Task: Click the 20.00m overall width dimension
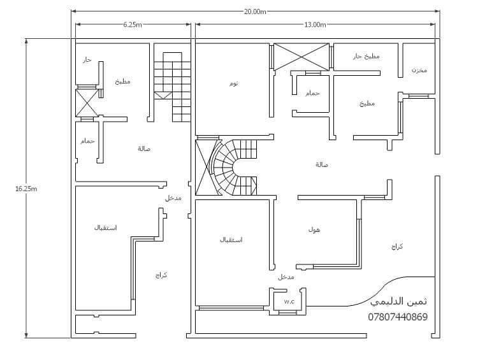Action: [255, 11]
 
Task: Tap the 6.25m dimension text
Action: [133, 25]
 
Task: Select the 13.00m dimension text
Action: [315, 25]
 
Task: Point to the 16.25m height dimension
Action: [26, 189]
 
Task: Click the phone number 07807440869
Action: [398, 317]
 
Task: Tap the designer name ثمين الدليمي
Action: [399, 301]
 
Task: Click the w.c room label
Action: [289, 302]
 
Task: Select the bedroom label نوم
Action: [234, 83]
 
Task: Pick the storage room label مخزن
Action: [419, 70]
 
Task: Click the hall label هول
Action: [314, 230]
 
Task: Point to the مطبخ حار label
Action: [366, 56]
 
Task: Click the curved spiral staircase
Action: [234, 168]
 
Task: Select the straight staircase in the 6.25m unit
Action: [172, 87]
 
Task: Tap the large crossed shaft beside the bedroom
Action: [302, 57]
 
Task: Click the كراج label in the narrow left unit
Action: [161, 275]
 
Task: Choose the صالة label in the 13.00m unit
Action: [322, 164]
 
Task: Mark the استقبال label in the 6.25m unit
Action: [106, 227]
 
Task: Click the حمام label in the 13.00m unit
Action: [312, 93]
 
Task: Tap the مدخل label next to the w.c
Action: [286, 277]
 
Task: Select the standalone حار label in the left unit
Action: [87, 59]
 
